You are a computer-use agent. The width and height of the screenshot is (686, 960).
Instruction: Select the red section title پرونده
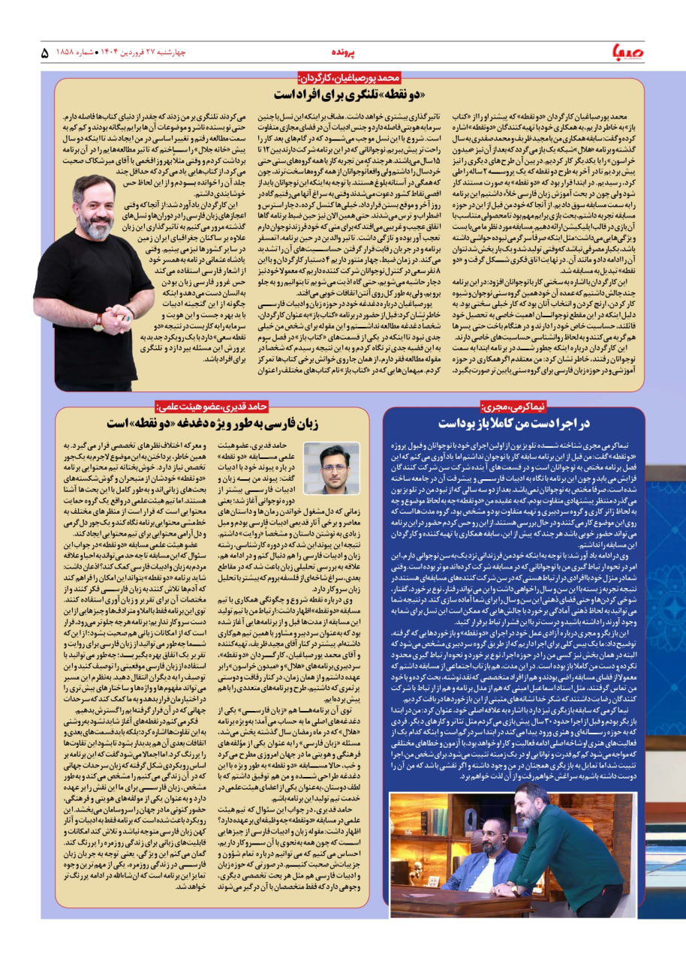(x=345, y=53)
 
